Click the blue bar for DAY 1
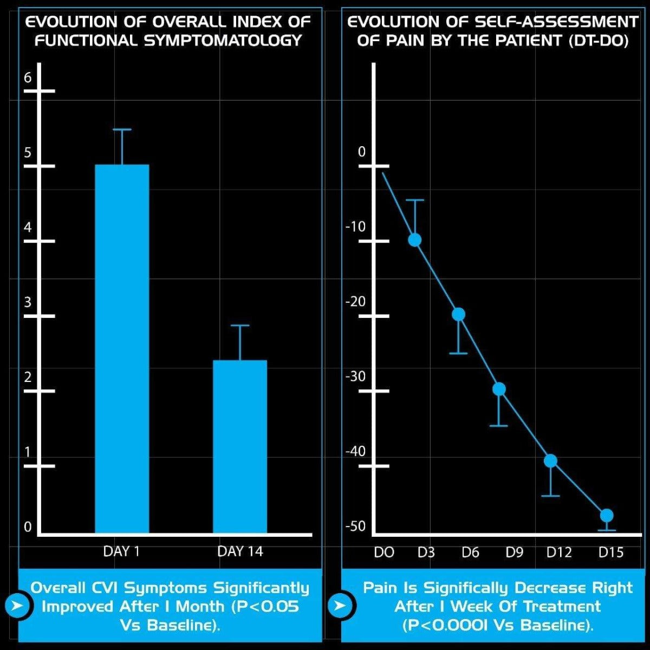122,349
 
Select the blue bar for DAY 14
239,447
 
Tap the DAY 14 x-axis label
239,551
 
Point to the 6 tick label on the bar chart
28,77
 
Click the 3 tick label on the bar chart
28,302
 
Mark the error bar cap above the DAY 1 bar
122,130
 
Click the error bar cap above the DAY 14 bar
239,326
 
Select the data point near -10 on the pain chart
415,239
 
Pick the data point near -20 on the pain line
458,314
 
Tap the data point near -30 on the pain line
499,389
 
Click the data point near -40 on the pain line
550,460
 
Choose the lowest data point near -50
607,515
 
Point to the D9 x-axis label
514,552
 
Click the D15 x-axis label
610,552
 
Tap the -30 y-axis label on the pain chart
356,376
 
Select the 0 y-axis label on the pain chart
362,152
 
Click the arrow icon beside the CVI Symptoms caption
18,605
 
